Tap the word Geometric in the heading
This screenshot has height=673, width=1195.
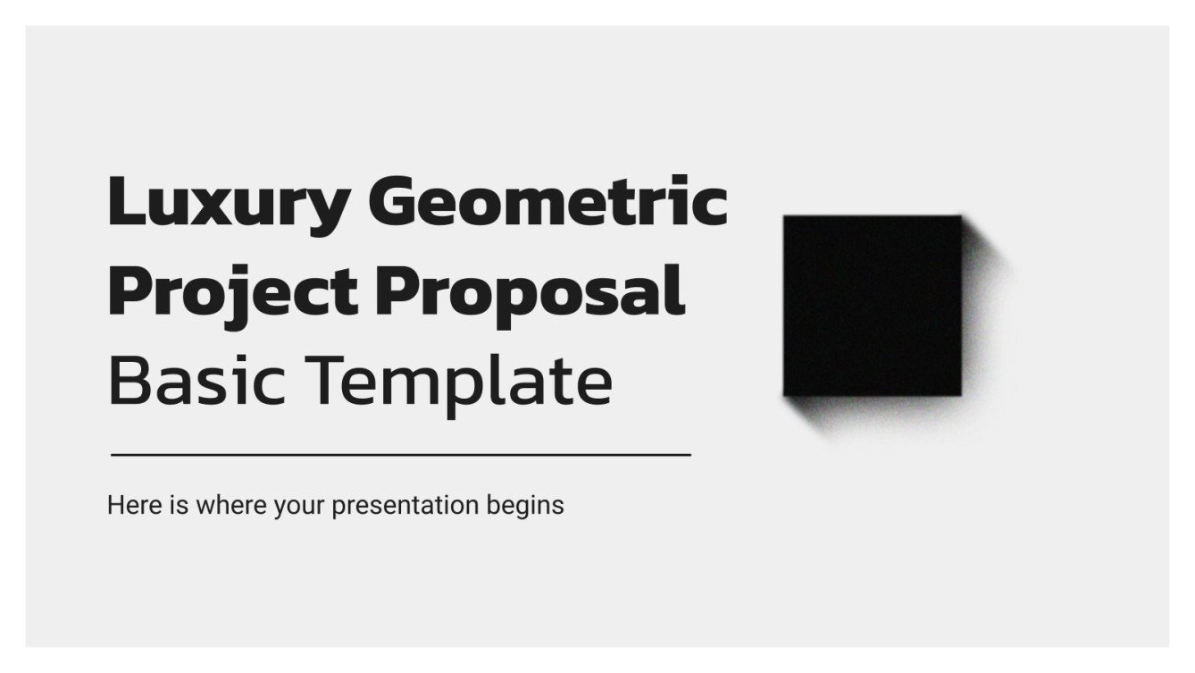[547, 202]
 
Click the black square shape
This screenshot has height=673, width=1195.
[872, 306]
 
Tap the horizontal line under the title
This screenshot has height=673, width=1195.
[400, 455]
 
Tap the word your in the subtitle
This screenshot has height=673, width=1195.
[299, 506]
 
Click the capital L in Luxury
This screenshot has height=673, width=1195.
[124, 202]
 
